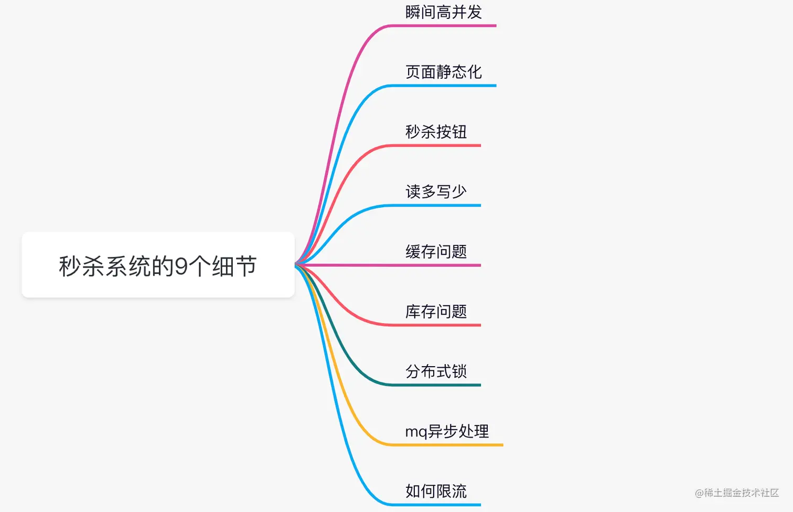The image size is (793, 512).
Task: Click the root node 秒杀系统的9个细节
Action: click(x=158, y=265)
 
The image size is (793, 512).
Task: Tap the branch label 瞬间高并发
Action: click(x=443, y=12)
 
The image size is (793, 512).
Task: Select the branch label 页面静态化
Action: click(x=443, y=72)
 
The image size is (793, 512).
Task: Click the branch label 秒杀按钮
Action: click(x=436, y=132)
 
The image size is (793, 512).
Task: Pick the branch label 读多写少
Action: click(x=436, y=191)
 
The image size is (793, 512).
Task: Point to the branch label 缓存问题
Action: click(x=436, y=252)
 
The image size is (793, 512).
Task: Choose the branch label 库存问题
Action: click(x=436, y=312)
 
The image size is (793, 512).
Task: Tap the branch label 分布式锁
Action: click(x=436, y=371)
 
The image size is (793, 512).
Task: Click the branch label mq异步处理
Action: click(x=447, y=431)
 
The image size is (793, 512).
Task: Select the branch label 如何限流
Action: click(x=436, y=491)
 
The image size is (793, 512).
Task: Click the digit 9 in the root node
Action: click(x=181, y=266)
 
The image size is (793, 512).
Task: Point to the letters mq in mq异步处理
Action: click(x=416, y=432)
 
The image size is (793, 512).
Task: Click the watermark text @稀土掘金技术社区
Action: click(x=736, y=493)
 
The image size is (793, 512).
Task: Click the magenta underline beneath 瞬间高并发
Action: click(x=446, y=26)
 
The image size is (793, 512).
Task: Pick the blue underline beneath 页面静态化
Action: click(x=446, y=86)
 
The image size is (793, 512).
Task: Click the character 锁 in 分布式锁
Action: click(x=459, y=371)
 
